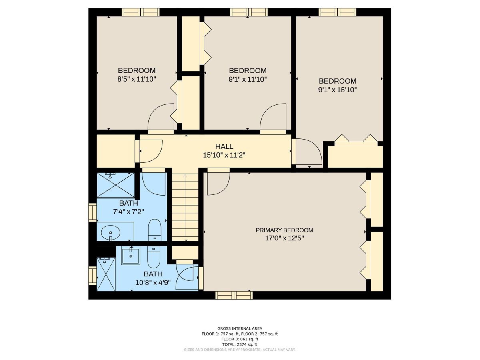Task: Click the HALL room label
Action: pyautogui.click(x=224, y=146)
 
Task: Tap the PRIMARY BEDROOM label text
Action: pyautogui.click(x=284, y=230)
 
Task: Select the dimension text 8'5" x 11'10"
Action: pyautogui.click(x=137, y=79)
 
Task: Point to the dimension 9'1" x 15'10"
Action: pyautogui.click(x=338, y=90)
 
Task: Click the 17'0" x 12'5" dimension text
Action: pyautogui.click(x=284, y=238)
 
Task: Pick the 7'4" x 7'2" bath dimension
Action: pyautogui.click(x=128, y=212)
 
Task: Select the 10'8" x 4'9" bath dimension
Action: pyautogui.click(x=153, y=283)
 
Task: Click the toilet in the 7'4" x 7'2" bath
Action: pyautogui.click(x=155, y=230)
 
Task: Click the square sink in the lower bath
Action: pyautogui.click(x=131, y=256)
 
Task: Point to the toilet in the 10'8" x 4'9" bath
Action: pyautogui.click(x=154, y=257)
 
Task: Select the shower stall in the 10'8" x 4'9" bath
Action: pyautogui.click(x=106, y=274)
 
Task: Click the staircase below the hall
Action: pyautogui.click(x=185, y=207)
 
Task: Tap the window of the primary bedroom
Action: pyautogui.click(x=234, y=295)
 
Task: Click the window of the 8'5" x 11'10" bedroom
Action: pyautogui.click(x=141, y=12)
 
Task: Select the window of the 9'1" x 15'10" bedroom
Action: pyautogui.click(x=337, y=12)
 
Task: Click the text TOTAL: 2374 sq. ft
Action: pyautogui.click(x=240, y=344)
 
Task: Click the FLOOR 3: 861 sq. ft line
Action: pyautogui.click(x=240, y=339)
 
